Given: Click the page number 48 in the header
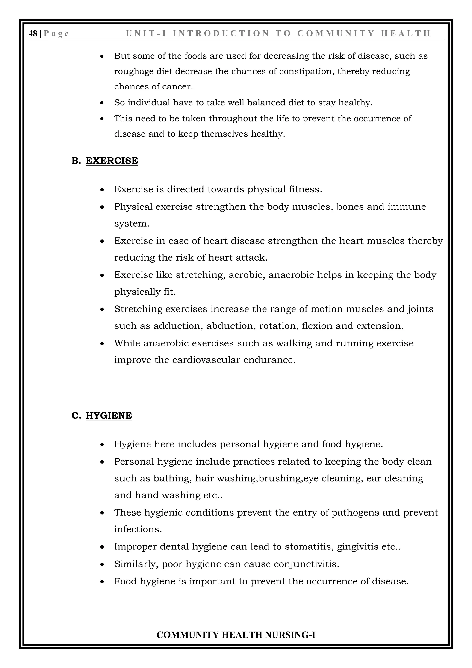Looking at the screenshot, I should click(33, 34).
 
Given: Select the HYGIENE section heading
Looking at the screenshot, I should click(109, 415).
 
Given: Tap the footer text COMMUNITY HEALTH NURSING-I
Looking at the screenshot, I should click(236, 635).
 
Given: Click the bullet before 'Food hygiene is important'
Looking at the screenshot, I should click(102, 582).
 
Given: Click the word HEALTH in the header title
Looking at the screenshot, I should click(406, 34).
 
